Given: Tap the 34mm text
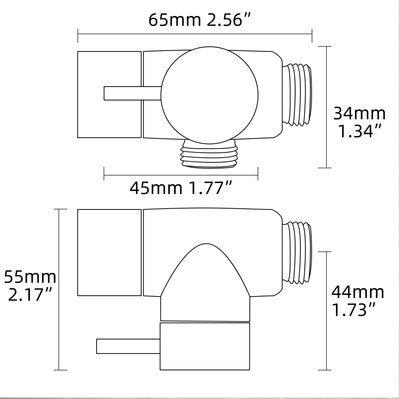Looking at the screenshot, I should tap(359, 114).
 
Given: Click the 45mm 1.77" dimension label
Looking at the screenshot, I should tap(181, 188).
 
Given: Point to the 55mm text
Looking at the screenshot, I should tap(30, 276).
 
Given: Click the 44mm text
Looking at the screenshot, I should tap(358, 292).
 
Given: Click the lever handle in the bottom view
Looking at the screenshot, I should tap(128, 346).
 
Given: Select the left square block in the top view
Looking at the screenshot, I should tap(109, 95).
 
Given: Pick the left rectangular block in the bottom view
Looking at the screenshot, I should tap(109, 252).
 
